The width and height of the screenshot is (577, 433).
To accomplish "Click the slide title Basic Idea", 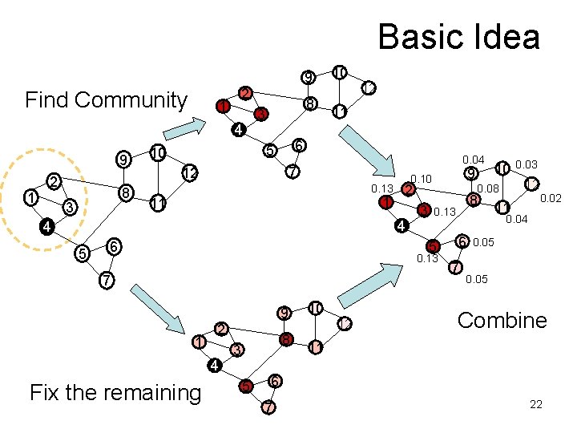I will pos(458,37).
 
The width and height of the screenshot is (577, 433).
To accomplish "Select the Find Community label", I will pos(106,100).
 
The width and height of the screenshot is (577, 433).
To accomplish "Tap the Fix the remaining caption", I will pos(115,392).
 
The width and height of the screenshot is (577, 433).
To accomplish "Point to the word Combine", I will pos(502,321).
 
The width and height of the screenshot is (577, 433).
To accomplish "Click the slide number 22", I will pos(536,404).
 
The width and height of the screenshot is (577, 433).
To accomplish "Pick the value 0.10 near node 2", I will pos(421,178).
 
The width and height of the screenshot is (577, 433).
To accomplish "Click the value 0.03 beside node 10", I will pos(527,164).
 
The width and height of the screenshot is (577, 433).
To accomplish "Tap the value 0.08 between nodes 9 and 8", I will pos(488,188).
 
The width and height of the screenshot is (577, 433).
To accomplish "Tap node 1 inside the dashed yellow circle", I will pos(30,196).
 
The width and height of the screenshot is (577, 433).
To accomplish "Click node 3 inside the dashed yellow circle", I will pos(70,208).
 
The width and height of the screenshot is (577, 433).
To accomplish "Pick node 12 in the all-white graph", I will pos(189,172).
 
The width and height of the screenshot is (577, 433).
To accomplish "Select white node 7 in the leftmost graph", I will pos(105,281).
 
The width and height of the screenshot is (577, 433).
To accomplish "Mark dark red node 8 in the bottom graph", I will pos(285,340).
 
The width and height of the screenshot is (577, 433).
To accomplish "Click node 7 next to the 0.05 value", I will pos(455,267).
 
